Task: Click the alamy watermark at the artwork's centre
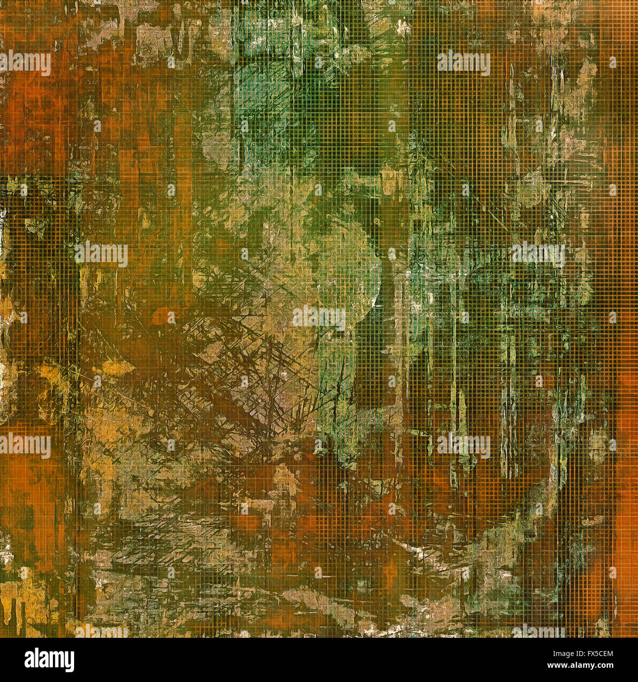point(319,317)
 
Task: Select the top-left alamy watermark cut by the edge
point(25,63)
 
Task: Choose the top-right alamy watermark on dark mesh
point(463,63)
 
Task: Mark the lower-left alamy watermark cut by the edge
point(25,446)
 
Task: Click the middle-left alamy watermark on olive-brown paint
point(101,254)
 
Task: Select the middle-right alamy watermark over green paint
point(537,254)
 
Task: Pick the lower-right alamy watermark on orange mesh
point(463,446)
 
